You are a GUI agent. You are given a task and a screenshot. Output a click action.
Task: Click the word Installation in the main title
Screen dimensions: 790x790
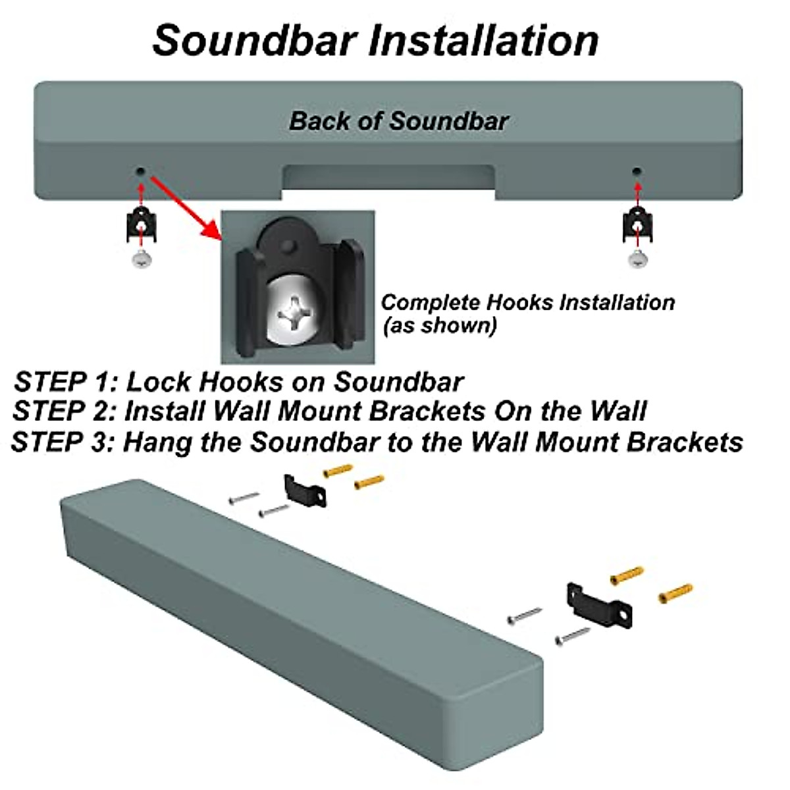coord(483,41)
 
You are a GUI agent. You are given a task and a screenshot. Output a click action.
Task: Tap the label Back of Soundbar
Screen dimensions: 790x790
coord(399,121)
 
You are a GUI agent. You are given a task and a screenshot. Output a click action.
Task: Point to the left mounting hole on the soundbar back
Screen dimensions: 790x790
coord(140,171)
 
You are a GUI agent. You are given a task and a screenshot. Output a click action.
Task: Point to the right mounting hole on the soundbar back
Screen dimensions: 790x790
coord(636,171)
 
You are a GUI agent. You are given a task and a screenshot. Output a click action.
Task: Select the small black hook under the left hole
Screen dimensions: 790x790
coord(141,225)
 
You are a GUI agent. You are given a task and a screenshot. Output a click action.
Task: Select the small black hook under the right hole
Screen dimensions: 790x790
coord(637,225)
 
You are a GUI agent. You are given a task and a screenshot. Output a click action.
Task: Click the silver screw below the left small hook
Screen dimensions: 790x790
coord(141,259)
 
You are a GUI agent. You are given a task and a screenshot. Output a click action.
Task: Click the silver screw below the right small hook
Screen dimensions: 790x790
coord(637,259)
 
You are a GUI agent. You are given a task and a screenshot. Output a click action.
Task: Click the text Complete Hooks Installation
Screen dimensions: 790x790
coord(527,302)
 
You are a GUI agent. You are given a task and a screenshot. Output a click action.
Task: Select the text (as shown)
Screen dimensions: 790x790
coord(439,325)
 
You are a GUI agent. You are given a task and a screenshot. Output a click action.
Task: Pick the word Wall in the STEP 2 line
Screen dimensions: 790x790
coord(618,411)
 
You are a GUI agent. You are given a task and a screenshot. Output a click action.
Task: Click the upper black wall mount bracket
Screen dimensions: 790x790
coord(305,491)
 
